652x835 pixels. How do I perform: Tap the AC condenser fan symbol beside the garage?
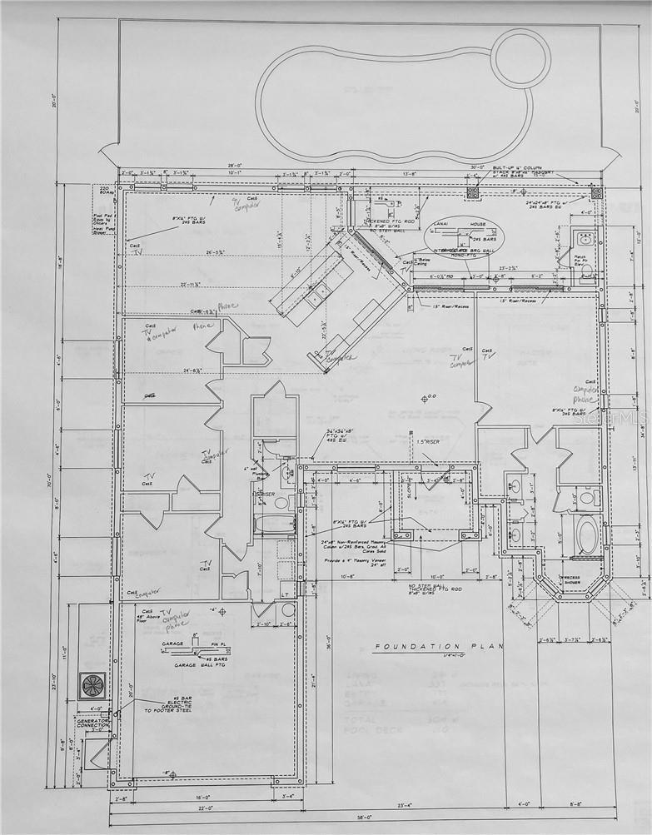(92, 684)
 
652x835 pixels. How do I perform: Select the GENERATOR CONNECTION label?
(93, 723)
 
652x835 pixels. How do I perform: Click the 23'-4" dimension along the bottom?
(406, 805)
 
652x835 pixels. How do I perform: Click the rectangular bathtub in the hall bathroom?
(274, 525)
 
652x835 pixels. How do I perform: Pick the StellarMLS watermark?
(615, 421)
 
